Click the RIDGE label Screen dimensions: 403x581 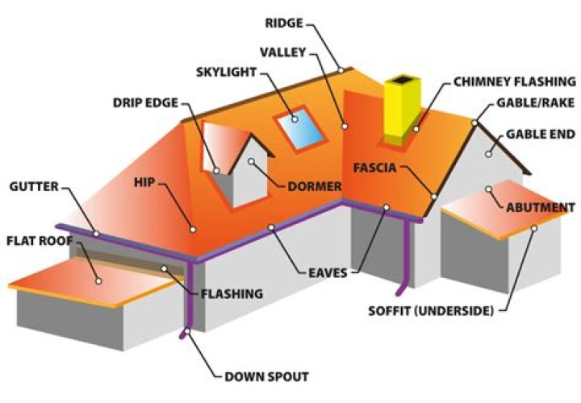click(285, 22)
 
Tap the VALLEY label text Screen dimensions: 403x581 click(283, 52)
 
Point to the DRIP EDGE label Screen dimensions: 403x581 click(146, 102)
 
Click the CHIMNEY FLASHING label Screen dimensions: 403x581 click(514, 81)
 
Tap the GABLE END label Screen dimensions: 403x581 click(540, 133)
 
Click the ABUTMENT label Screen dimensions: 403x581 click(540, 207)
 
